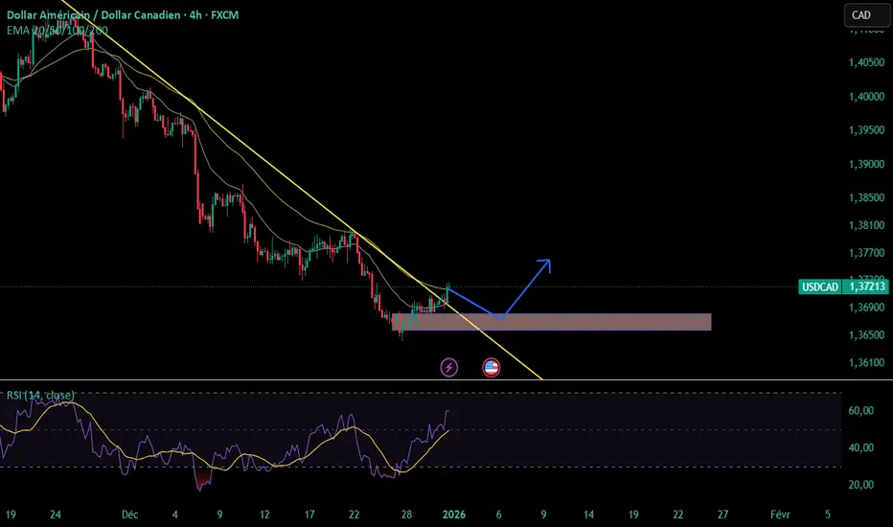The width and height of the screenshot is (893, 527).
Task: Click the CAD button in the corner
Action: pos(860,15)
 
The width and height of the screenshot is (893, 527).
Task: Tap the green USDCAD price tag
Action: pos(842,286)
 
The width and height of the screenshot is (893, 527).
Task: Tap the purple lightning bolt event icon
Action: pos(448,367)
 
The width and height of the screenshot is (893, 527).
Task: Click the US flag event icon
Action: pos(492,367)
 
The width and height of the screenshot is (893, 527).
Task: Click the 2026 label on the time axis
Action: pos(454,514)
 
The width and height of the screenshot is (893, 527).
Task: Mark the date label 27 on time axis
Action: pos(722,514)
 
